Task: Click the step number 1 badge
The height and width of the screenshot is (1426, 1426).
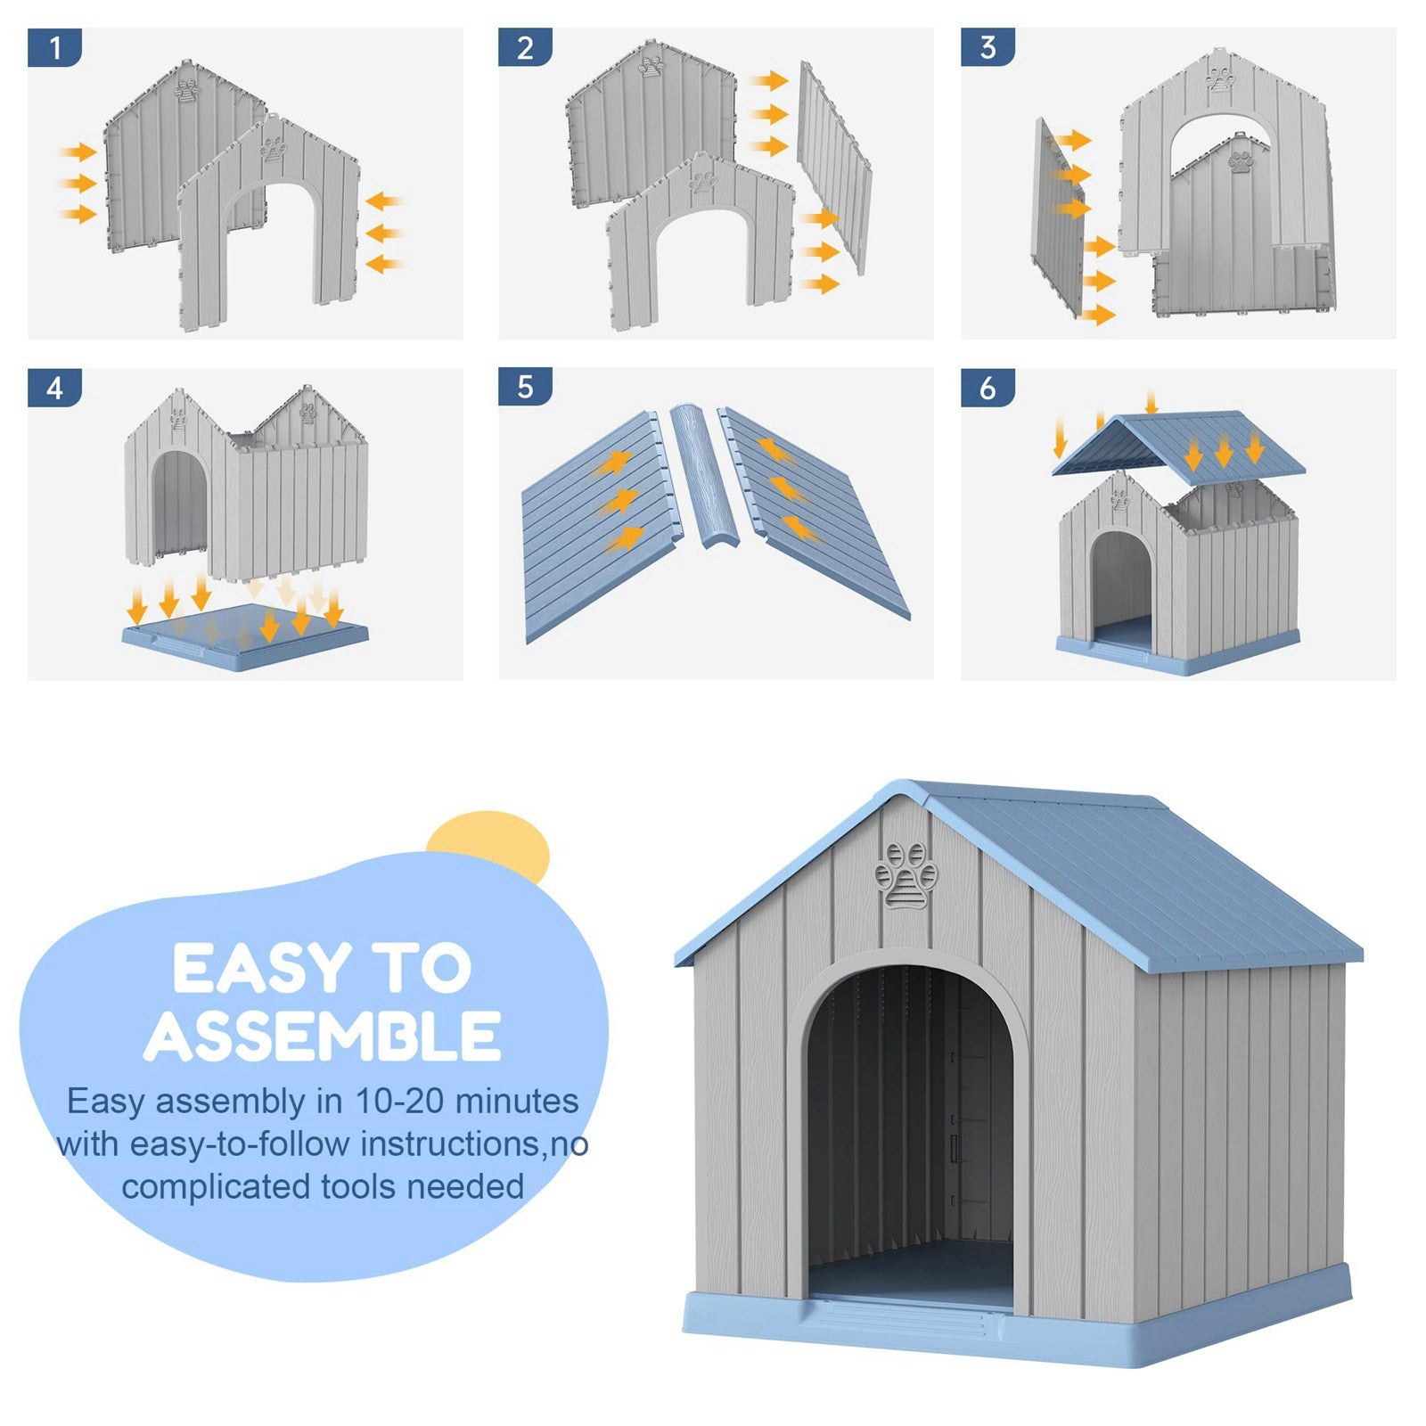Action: [x=54, y=47]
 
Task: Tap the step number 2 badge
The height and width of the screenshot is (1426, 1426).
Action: [x=525, y=47]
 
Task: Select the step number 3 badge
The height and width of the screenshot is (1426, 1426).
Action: [x=988, y=47]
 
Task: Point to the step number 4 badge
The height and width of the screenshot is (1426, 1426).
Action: [x=54, y=388]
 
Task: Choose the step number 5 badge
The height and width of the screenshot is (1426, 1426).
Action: [x=525, y=388]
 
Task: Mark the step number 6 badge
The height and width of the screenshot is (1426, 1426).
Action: [x=988, y=388]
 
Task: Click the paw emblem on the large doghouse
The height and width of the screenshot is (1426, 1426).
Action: [x=906, y=875]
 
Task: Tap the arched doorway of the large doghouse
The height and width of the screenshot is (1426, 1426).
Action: [x=910, y=1132]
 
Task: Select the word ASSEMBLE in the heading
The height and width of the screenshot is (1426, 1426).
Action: [x=323, y=1036]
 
